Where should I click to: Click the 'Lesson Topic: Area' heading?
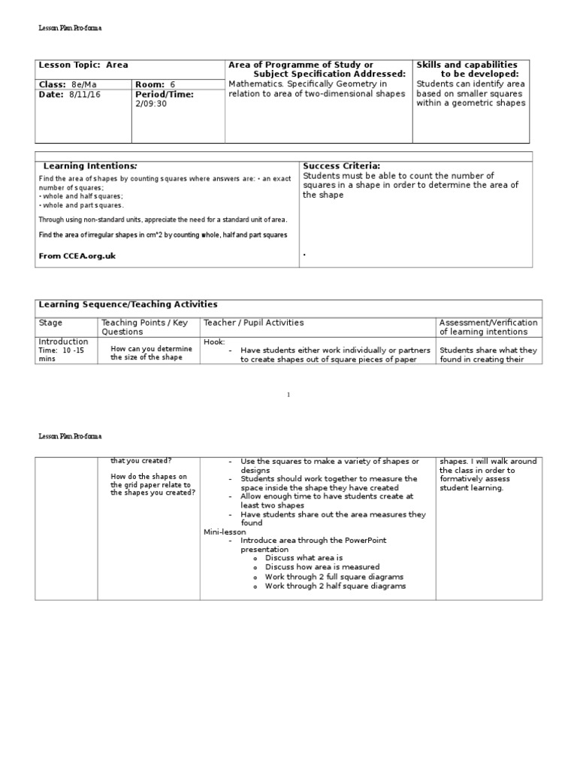(83, 65)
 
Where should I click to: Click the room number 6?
(172, 85)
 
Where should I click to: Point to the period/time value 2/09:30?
(151, 104)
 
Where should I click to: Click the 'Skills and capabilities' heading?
(467, 65)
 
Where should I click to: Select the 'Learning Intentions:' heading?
(90, 165)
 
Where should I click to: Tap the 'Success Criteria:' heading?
(341, 165)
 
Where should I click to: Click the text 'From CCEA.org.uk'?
(77, 256)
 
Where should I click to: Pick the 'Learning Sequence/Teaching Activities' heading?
(128, 305)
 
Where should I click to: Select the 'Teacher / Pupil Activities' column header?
(253, 323)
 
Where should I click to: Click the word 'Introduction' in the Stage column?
(63, 341)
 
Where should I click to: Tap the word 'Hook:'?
(214, 341)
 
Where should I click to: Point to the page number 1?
(288, 395)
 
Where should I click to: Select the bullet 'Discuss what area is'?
(304, 558)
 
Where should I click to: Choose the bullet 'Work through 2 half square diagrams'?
(335, 586)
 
